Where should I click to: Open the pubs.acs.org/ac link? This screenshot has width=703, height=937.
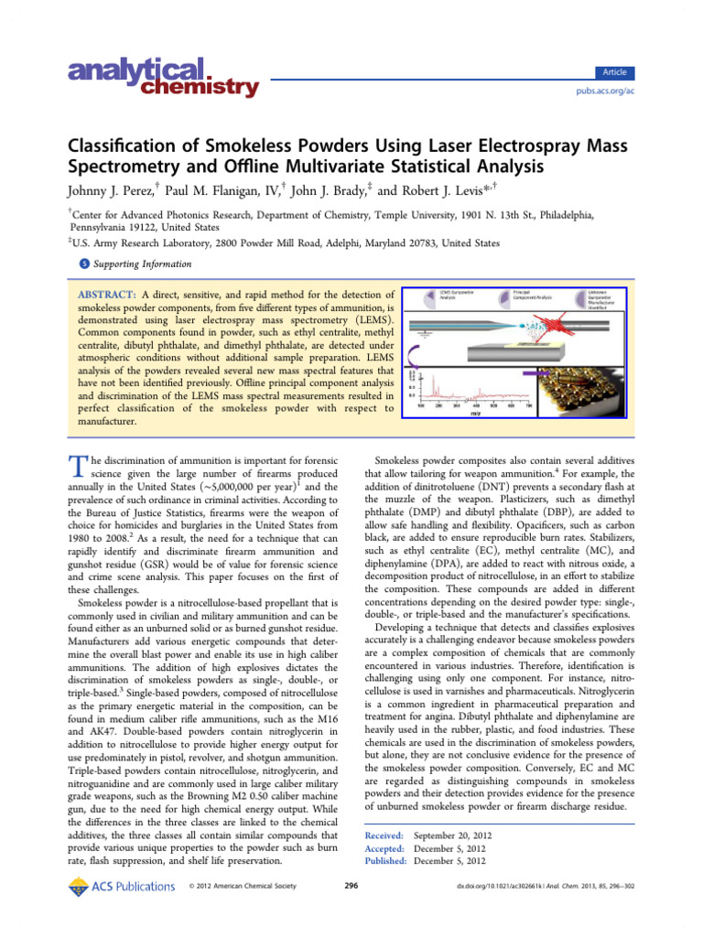pos(604,92)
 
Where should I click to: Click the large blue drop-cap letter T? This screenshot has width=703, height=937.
pos(77,466)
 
